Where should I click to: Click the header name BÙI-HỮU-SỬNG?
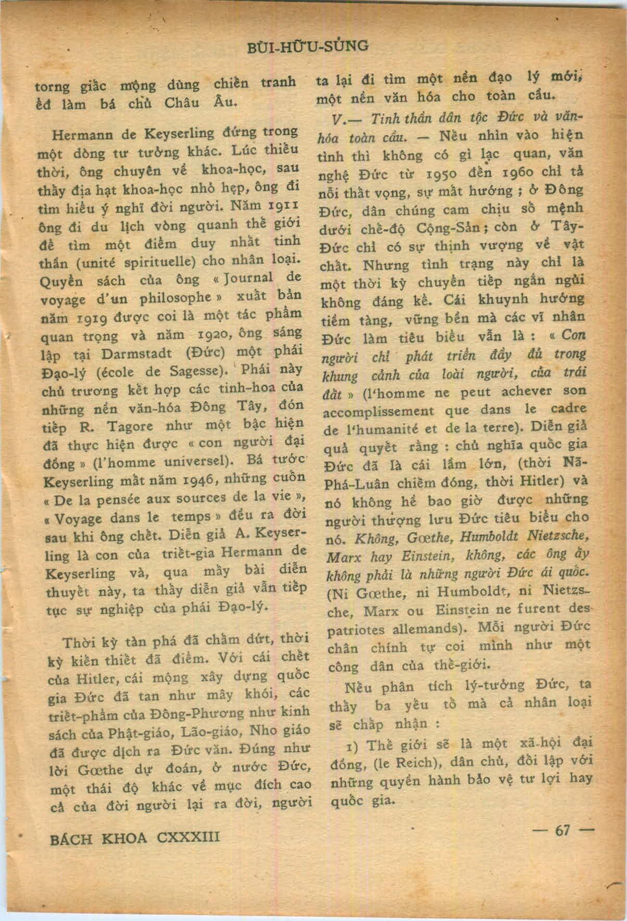(309, 46)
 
